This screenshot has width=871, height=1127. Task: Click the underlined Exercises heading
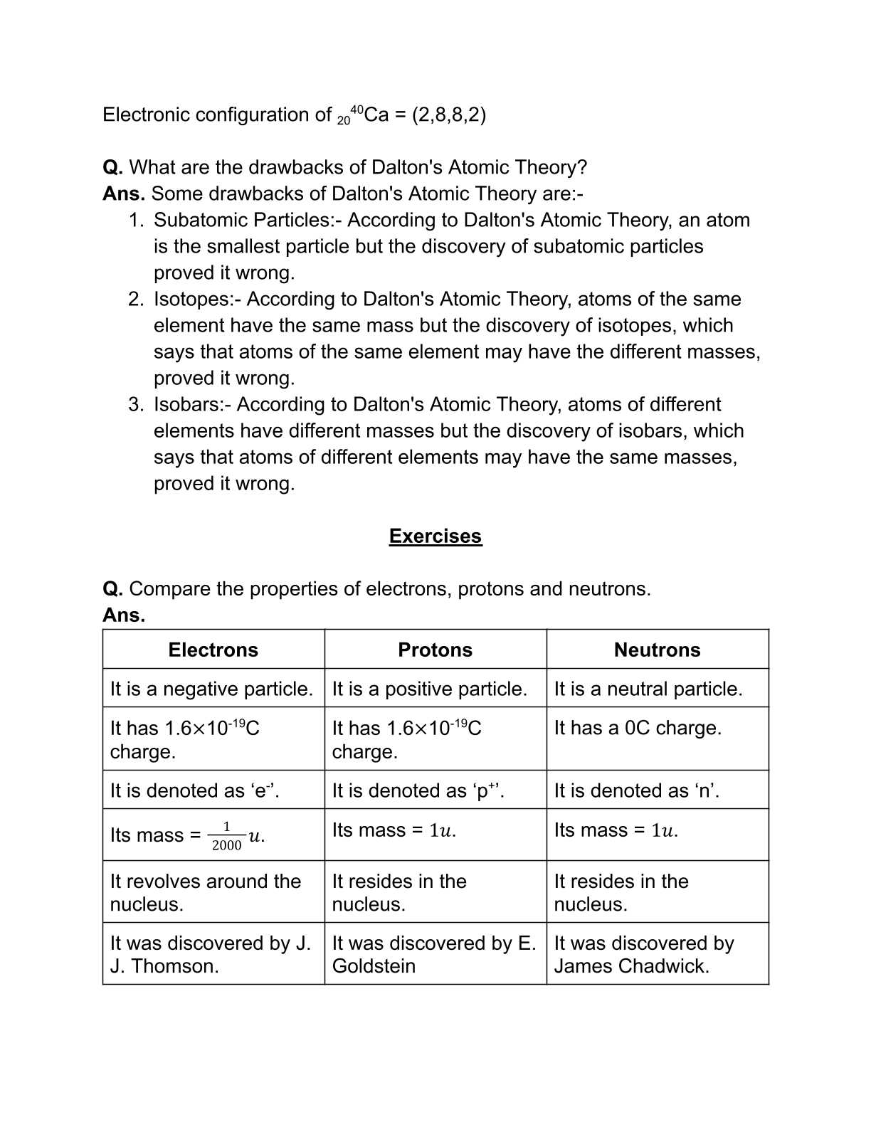click(x=435, y=536)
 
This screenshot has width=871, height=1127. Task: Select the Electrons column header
click(x=213, y=650)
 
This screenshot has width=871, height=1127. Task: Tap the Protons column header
click(x=435, y=650)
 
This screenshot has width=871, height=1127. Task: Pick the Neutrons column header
click(x=657, y=650)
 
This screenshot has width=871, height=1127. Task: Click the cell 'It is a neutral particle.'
click(x=648, y=689)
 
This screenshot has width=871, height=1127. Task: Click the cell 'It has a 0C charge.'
click(x=637, y=728)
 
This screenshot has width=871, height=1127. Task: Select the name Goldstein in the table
click(x=374, y=966)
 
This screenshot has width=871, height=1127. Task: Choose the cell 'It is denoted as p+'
click(x=418, y=790)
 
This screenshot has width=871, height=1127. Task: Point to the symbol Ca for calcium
click(x=376, y=115)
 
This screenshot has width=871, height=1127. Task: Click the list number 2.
click(x=135, y=299)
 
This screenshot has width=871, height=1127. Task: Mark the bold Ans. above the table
click(x=124, y=615)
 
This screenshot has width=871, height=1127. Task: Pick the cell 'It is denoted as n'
click(x=636, y=790)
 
